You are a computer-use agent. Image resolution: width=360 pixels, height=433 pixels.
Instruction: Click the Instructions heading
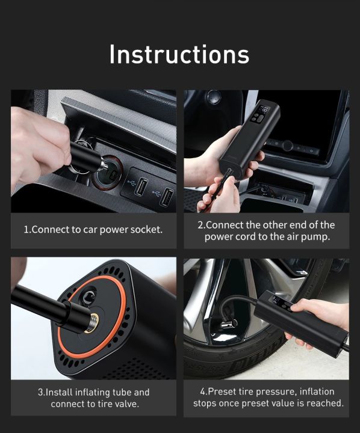(x=179, y=54)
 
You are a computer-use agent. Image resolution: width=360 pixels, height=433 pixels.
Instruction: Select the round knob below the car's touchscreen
(x=288, y=145)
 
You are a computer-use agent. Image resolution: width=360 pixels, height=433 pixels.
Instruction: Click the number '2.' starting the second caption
(x=201, y=225)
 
